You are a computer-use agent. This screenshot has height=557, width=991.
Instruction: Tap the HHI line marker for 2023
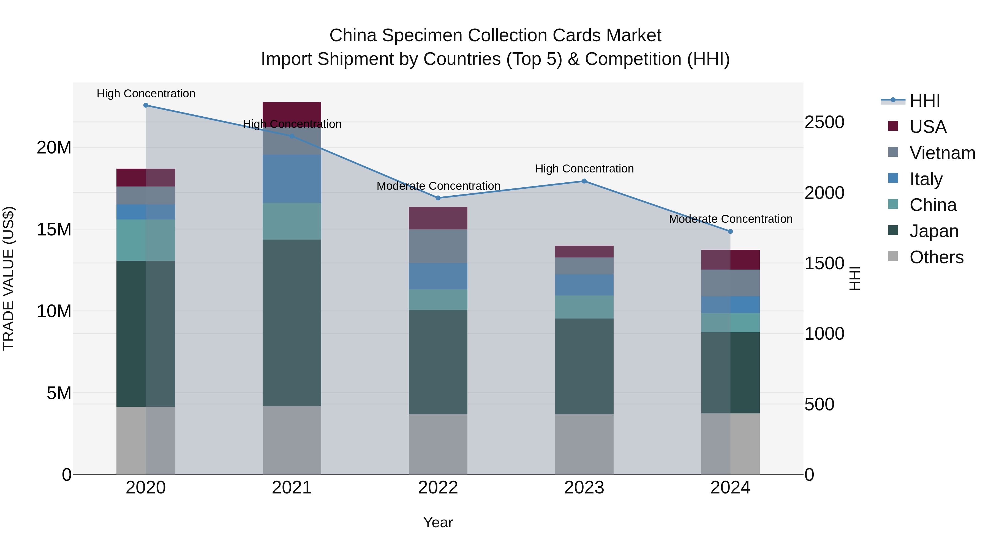(584, 181)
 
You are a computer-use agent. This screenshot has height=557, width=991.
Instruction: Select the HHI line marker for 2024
(730, 231)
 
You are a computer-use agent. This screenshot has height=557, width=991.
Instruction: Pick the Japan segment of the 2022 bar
(438, 362)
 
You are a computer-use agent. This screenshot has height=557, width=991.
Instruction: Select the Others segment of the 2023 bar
(584, 444)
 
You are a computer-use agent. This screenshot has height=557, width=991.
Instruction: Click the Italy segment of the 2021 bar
(292, 179)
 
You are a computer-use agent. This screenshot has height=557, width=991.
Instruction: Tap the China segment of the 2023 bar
(584, 307)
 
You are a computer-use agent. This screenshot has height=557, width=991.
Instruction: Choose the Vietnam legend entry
(942, 153)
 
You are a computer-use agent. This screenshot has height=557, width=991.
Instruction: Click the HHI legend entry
(924, 101)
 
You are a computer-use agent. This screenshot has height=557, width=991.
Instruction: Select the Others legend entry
(936, 257)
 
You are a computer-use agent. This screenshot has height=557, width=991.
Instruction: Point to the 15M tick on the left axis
(54, 229)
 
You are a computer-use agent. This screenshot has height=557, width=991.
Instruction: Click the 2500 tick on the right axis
(824, 122)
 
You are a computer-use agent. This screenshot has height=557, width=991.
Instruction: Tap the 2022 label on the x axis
(438, 488)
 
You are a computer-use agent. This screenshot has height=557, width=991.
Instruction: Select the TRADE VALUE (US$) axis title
(9, 278)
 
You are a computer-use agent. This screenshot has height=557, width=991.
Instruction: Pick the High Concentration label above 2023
(584, 169)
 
